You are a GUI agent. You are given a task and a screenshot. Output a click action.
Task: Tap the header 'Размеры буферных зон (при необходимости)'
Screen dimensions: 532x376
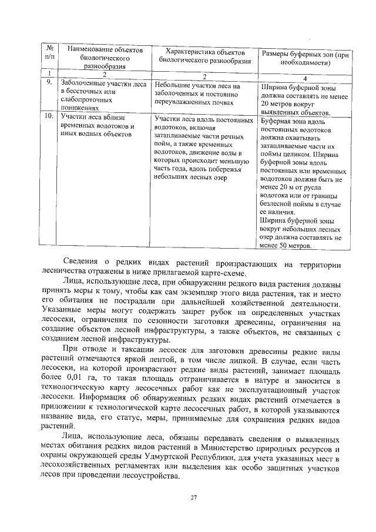[304, 58]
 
